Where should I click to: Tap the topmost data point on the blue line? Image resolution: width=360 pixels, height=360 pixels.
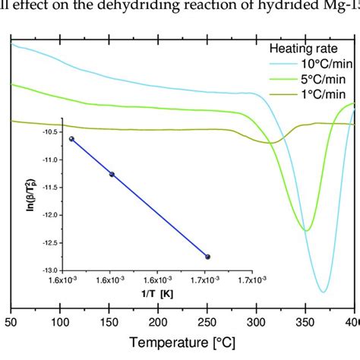(x=72, y=139)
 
